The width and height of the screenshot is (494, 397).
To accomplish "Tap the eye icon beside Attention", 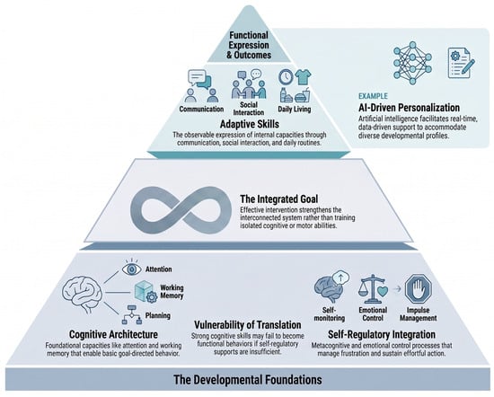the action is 132,269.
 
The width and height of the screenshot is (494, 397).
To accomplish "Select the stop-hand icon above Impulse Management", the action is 418,288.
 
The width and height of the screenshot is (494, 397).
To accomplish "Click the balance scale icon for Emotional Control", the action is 373,288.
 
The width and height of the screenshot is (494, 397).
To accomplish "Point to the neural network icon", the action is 412,63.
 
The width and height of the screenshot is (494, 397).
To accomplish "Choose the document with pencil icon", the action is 461,63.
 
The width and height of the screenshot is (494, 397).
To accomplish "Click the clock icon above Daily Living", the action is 286,77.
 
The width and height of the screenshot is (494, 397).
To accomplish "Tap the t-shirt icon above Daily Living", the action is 303,77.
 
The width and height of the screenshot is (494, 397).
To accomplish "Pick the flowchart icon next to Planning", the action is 132,314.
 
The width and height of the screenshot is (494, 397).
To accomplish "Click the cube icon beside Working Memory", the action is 146,291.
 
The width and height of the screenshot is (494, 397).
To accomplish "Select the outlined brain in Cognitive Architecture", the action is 83,295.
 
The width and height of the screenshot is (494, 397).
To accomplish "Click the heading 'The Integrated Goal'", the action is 278,199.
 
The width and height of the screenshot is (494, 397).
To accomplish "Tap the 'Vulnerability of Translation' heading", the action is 247,325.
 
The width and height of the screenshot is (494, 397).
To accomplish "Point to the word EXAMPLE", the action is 373,96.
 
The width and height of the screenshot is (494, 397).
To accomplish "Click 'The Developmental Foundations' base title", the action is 248,379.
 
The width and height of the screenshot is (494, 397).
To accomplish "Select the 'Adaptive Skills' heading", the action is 249,124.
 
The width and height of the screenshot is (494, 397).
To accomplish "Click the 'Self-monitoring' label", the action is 330,314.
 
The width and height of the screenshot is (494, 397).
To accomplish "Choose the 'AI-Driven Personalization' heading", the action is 409,108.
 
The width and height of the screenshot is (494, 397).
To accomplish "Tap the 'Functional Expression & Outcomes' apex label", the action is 249,45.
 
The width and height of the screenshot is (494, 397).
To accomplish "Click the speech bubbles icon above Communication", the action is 199,79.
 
